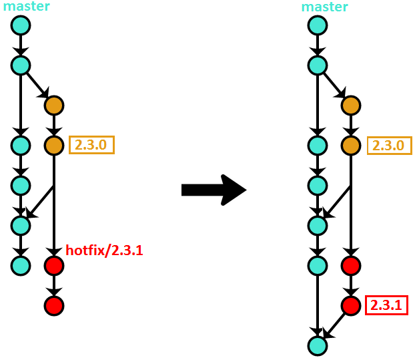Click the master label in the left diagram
click(26, 6)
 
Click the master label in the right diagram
click(324, 7)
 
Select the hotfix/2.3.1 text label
click(104, 250)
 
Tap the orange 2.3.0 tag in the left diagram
click(91, 145)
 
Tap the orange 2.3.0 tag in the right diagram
click(389, 145)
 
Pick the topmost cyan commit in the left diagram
click(21, 25)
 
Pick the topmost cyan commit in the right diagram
click(318, 25)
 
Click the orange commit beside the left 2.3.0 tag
click(53, 145)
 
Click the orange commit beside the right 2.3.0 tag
click(350, 145)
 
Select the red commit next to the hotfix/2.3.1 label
click(53, 265)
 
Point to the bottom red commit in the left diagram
click(53, 305)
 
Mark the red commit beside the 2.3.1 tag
click(350, 305)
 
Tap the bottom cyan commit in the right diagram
click(318, 345)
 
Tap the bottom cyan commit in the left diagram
click(21, 265)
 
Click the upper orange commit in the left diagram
click(53, 105)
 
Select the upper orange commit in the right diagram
click(350, 105)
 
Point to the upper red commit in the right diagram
click(350, 265)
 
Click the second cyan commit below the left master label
click(21, 65)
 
